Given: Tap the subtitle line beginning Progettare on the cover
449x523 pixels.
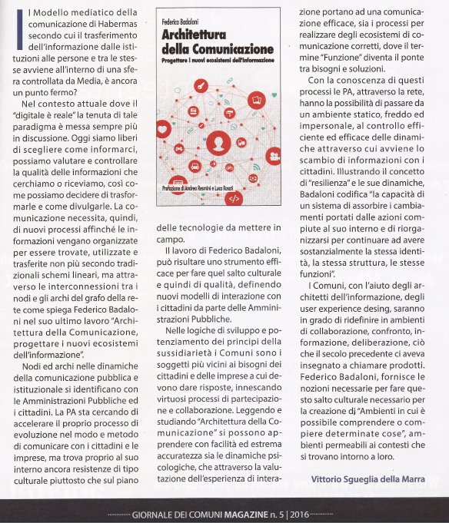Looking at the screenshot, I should (219, 60).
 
